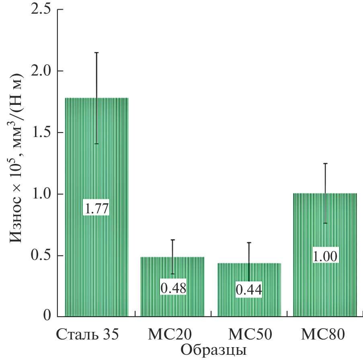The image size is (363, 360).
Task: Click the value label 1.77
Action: [96, 209]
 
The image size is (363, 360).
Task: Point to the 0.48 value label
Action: [173, 288]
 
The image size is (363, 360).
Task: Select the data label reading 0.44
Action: [249, 290]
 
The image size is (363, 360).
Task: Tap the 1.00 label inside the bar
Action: [325, 256]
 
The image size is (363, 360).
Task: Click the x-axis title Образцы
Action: [213, 350]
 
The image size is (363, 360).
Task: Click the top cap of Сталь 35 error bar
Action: [96, 53]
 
